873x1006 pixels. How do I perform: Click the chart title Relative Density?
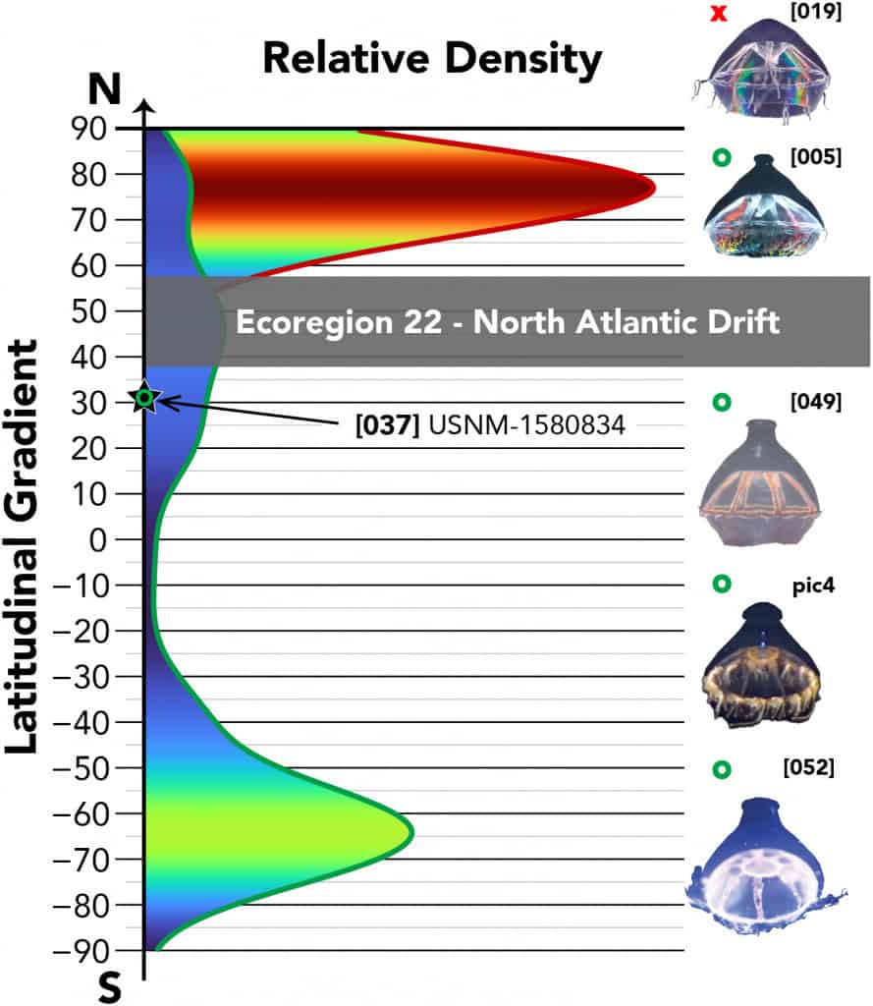point(432,60)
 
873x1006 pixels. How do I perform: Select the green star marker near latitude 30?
point(145,398)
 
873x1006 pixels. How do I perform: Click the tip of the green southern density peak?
point(412,832)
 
